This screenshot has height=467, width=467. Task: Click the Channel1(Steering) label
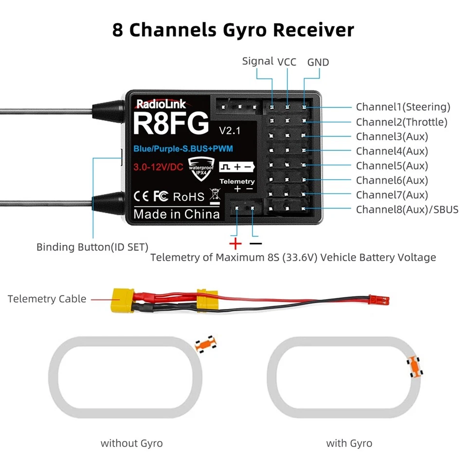click(x=403, y=107)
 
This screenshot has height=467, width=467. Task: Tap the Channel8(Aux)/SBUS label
click(x=407, y=210)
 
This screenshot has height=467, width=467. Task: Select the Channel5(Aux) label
click(x=392, y=166)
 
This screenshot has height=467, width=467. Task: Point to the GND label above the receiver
click(x=318, y=62)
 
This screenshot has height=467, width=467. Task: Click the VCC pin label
click(x=287, y=62)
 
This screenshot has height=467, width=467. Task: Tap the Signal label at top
click(x=258, y=61)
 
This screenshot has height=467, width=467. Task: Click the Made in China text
click(x=177, y=214)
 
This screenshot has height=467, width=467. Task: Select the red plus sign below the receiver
click(x=235, y=243)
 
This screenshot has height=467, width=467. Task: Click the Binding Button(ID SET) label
click(x=92, y=247)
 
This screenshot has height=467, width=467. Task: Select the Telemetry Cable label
click(x=47, y=299)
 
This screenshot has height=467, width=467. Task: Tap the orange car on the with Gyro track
click(x=414, y=366)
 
